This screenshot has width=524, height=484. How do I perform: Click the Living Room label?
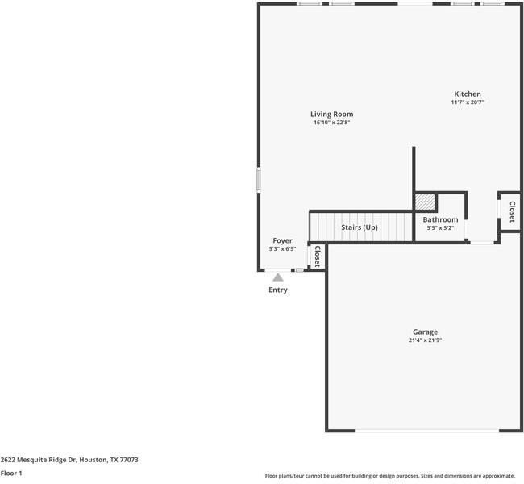click(332, 114)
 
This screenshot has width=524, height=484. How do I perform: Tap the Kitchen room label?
click(468, 94)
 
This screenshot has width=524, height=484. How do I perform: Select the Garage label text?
click(425, 332)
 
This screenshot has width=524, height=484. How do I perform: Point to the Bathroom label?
click(440, 219)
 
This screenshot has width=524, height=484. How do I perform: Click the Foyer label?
click(282, 240)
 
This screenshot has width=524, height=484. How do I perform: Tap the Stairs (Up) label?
click(360, 227)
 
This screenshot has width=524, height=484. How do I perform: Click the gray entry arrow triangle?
click(277, 277)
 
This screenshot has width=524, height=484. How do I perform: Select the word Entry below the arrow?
click(277, 290)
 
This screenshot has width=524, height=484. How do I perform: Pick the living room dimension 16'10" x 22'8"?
click(332, 123)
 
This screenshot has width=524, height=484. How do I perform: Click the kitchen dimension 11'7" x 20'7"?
click(468, 102)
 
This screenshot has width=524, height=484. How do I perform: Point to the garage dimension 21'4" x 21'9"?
click(425, 340)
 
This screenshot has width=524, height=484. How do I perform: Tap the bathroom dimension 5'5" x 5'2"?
click(440, 228)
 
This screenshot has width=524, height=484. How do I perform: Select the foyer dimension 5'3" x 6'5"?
click(282, 249)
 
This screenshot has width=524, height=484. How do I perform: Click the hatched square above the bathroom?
click(425, 201)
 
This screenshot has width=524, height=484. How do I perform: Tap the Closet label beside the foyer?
click(317, 257)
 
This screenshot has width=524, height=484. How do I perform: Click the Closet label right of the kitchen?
click(511, 211)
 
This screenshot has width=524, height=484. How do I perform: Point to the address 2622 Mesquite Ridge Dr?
click(69, 460)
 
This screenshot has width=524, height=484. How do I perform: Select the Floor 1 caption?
click(11, 474)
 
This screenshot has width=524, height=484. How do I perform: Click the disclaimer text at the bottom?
click(389, 476)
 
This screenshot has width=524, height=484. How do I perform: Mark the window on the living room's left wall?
click(258, 179)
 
